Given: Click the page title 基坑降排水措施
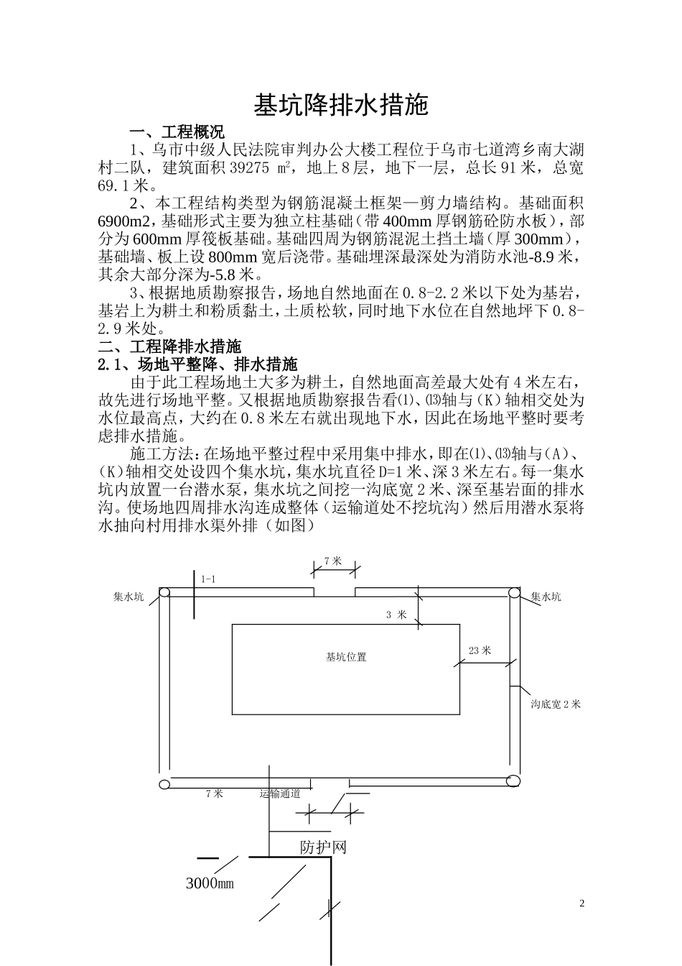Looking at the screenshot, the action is click(341, 105).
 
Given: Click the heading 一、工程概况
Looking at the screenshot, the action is click(177, 132).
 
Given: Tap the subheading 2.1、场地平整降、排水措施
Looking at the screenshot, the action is click(197, 364).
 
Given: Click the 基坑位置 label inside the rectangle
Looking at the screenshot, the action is click(346, 657).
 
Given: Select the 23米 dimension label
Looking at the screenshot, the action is click(480, 650).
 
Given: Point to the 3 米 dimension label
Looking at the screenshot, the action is click(396, 615).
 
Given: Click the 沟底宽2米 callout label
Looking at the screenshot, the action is click(556, 704).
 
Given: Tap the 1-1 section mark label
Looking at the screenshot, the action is click(208, 579).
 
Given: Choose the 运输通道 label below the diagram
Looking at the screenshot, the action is click(279, 793).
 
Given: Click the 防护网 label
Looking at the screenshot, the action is click(323, 847).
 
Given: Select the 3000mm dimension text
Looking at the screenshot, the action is click(210, 883).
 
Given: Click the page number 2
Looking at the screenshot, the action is click(582, 903).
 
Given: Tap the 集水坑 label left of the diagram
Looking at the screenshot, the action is click(129, 597).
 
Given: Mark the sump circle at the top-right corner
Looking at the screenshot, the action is click(514, 592).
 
